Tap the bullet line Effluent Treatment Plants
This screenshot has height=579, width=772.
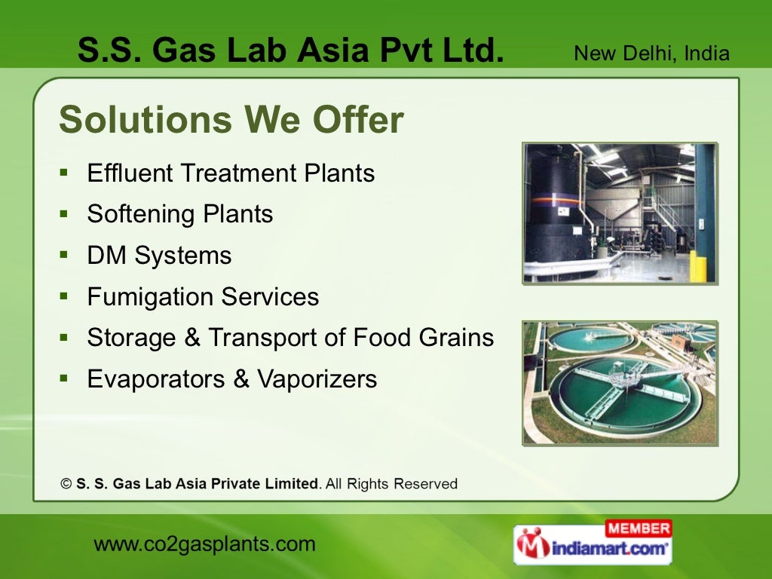point(231,173)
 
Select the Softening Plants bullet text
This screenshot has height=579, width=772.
point(180,214)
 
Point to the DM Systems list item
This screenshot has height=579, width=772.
point(159,256)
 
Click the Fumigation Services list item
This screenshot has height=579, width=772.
point(203,297)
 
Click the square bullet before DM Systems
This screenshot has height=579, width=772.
point(65,255)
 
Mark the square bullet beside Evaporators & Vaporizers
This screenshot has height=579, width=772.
point(65,378)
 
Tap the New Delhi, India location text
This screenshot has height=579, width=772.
point(651,54)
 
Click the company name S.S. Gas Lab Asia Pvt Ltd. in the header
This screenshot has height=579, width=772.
point(290,51)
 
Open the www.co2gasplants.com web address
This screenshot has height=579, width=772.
point(204,544)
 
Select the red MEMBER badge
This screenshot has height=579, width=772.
point(638,528)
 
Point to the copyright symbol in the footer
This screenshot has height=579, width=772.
point(66,484)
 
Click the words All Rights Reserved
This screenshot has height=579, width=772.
point(391,484)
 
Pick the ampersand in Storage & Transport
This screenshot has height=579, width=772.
point(191,338)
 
